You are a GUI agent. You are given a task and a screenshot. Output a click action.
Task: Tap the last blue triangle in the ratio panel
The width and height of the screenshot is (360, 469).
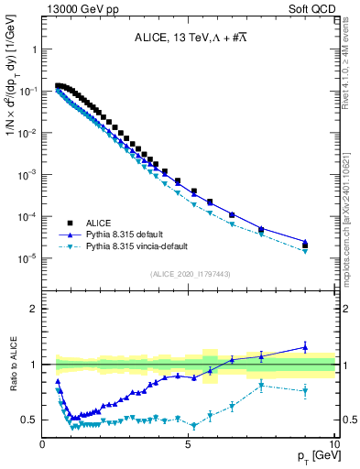click(305, 347)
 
